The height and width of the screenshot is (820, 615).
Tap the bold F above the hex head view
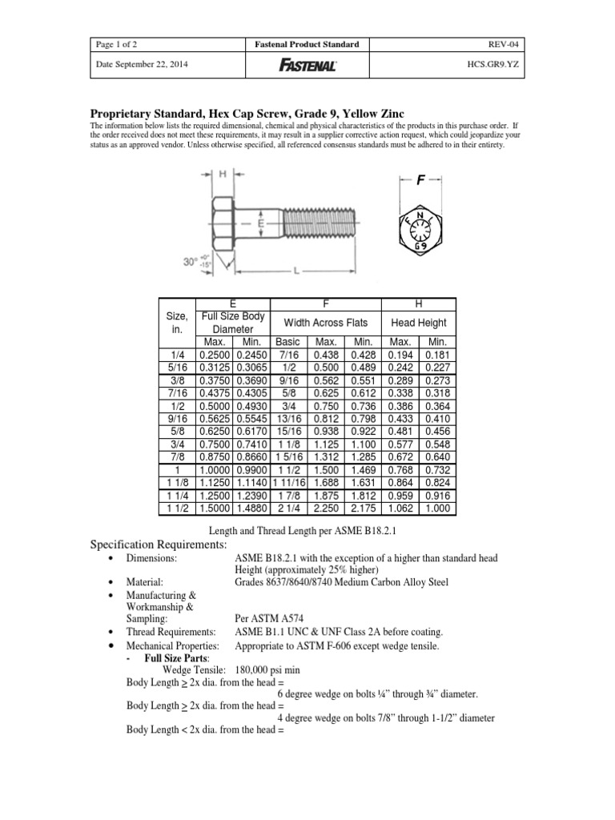tap(420, 181)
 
